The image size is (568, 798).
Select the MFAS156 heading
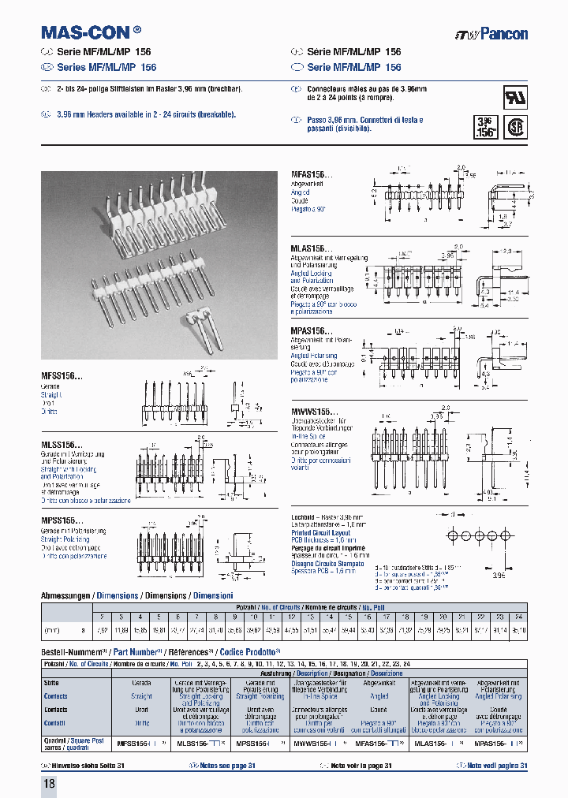click(308, 173)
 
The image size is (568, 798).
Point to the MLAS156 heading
click(308, 248)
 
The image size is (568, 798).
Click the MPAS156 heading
click(308, 332)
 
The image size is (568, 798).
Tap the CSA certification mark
click(515, 128)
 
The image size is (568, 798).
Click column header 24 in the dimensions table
click(518, 617)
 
